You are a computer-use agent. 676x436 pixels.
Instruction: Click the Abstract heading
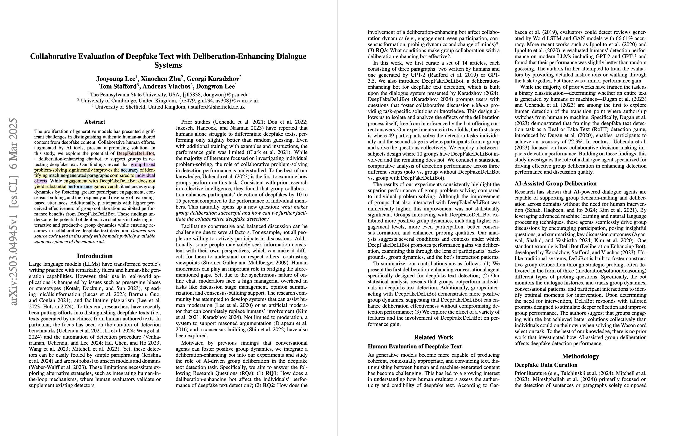pos(95,122)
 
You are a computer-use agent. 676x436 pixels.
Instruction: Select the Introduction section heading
pos(95,256)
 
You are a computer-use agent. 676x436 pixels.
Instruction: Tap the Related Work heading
pos(434,337)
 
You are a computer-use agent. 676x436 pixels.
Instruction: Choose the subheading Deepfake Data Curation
pos(546,365)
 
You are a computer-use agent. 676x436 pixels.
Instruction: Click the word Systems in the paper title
pos(168,65)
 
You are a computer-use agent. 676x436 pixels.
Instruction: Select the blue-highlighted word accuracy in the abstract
pos(130,170)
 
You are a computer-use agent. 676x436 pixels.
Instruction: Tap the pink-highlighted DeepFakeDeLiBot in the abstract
pos(136,153)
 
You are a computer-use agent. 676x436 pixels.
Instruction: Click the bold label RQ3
pos(382,50)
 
